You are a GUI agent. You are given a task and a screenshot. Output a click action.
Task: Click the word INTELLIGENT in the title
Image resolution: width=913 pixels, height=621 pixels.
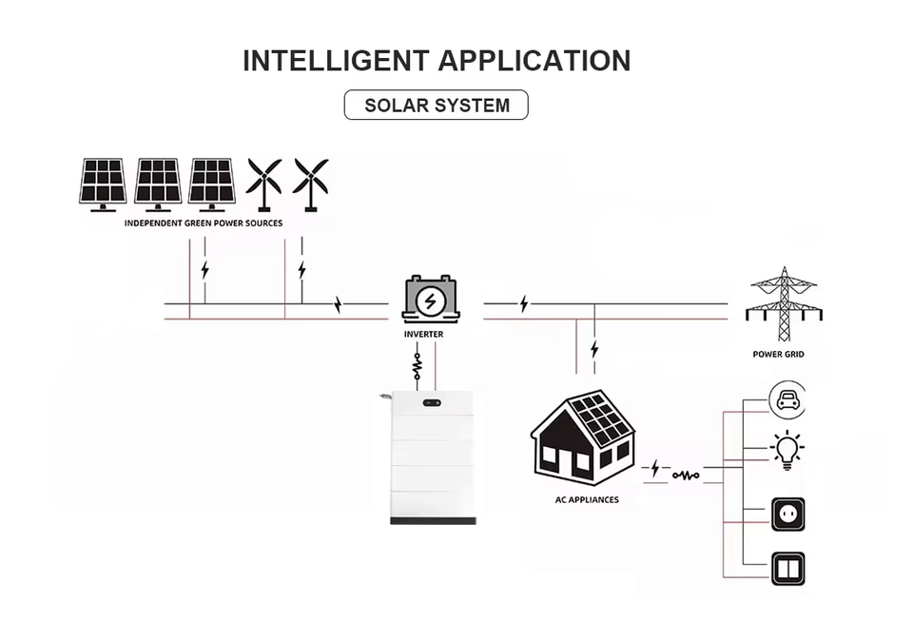click(336, 61)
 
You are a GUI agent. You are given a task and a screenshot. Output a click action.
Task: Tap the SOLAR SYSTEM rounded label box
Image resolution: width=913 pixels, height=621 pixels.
click(437, 105)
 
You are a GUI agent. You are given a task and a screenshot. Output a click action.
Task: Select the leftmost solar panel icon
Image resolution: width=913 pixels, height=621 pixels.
click(103, 184)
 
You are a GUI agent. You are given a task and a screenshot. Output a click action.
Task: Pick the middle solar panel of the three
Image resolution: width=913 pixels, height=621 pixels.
click(158, 184)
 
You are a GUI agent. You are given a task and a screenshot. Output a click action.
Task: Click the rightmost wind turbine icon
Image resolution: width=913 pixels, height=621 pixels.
click(310, 184)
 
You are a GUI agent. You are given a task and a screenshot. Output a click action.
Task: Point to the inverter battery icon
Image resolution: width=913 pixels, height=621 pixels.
click(431, 300)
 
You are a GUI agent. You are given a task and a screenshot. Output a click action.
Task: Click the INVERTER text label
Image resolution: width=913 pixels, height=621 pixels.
click(424, 334)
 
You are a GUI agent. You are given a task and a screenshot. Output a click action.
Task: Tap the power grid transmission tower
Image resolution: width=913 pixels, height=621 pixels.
click(785, 303)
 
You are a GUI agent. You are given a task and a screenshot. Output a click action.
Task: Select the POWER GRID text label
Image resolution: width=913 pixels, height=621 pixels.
click(779, 354)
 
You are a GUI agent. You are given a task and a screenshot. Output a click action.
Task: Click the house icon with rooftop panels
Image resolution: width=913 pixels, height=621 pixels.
click(583, 437)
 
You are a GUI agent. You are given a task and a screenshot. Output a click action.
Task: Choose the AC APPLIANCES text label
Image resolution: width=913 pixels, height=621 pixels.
click(587, 499)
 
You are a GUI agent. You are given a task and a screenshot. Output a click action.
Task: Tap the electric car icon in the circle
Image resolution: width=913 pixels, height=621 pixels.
click(787, 399)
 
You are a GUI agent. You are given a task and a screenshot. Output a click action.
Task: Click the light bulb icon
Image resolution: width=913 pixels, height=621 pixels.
click(787, 450)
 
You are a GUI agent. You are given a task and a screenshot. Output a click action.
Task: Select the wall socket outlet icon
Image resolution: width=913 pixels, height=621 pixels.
click(788, 514)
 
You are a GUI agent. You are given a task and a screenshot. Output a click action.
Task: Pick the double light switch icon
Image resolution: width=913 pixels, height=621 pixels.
click(788, 569)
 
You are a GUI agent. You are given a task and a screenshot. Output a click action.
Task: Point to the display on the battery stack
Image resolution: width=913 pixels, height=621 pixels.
click(432, 403)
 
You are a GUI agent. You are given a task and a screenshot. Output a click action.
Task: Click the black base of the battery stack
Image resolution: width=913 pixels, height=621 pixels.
click(434, 521)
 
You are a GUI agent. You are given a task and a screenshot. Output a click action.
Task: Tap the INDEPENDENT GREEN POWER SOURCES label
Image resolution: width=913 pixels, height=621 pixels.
click(204, 223)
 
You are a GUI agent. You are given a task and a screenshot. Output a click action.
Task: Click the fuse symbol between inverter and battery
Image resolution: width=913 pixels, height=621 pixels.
click(417, 366)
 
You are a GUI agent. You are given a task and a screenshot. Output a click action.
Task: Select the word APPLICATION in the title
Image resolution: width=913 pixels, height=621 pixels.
click(534, 61)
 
